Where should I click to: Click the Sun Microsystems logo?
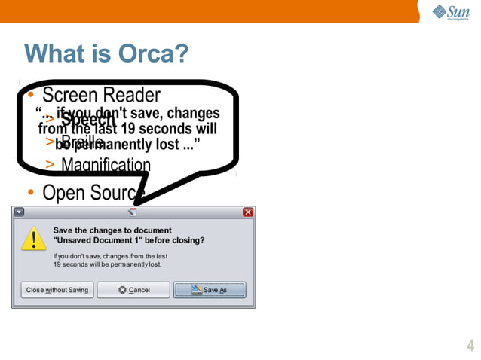coord(451,12)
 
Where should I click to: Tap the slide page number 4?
coord(470,346)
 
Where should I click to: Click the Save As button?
coord(210,290)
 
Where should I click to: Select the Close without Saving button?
coord(57,290)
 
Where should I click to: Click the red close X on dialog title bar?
coord(248,212)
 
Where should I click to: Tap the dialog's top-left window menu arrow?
coord(20,212)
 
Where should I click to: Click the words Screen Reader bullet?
coord(101,96)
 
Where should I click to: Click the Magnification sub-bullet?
coord(106,165)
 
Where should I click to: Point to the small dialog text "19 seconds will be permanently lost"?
coord(107,265)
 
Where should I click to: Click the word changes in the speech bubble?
coord(194,114)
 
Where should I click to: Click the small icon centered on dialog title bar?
coord(133,212)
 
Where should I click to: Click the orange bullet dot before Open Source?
coord(30,193)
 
